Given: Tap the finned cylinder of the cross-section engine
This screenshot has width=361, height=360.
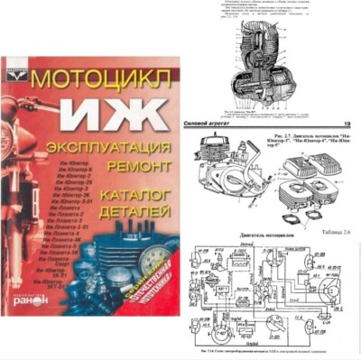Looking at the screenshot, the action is [270, 45].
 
